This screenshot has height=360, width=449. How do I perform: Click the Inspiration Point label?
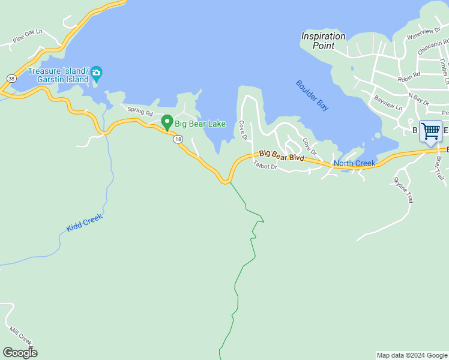click(323, 40)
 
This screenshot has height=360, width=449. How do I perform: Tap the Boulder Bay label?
click(313, 95)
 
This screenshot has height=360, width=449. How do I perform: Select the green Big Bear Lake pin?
click(167, 122)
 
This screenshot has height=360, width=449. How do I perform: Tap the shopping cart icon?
click(430, 131)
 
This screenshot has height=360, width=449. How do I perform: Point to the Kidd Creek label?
click(85, 224)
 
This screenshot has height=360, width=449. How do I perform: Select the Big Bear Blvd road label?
click(282, 157)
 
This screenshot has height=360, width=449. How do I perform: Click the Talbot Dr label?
click(265, 165)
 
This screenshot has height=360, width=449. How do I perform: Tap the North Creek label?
click(354, 163)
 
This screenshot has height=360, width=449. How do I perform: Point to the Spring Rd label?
click(140, 111)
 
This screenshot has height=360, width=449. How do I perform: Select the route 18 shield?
click(178, 139)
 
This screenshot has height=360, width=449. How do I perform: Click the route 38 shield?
click(11, 78)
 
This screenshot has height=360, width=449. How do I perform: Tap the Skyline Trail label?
click(403, 189)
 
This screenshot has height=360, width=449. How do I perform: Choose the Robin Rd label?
click(409, 77)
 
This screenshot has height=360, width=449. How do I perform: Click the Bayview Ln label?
click(388, 101)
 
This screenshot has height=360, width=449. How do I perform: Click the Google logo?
click(20, 352)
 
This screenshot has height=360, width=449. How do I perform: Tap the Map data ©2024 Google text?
click(411, 355)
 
